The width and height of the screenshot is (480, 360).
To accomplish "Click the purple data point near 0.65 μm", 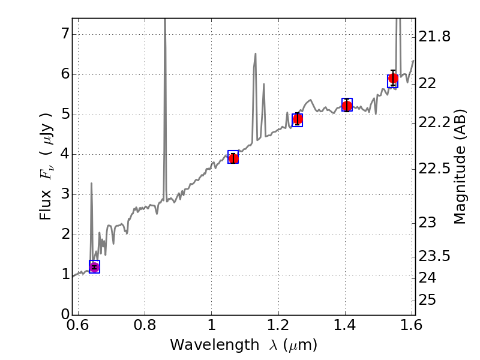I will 94,267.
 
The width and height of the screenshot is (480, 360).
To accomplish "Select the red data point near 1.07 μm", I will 233,158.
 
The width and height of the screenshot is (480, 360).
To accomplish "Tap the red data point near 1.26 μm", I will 297,119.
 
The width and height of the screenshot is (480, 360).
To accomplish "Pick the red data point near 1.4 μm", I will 347,106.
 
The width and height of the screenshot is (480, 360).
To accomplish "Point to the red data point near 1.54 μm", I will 393,79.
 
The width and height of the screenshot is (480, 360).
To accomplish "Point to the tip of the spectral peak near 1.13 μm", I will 255,53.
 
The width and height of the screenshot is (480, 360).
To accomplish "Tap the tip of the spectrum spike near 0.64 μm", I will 91,183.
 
